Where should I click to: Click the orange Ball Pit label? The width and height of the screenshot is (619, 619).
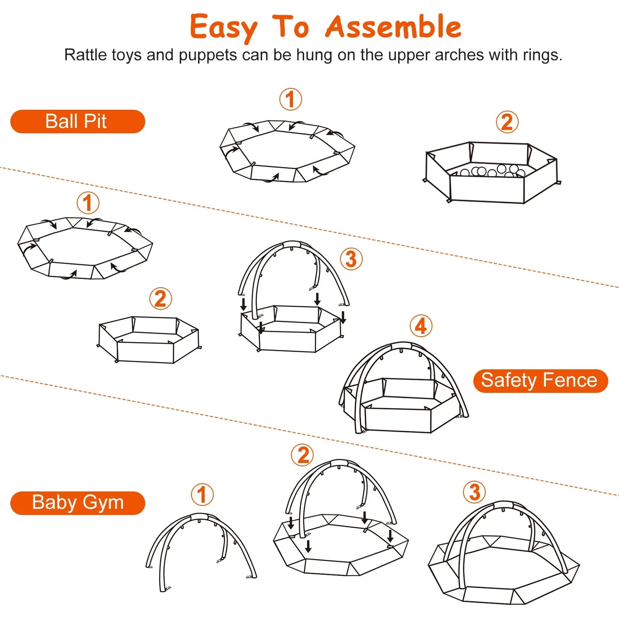coord(78,121)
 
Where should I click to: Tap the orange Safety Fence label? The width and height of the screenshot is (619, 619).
coord(540,380)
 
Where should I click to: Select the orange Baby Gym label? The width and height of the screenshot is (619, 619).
coord(78,502)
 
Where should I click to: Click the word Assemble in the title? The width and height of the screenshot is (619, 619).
coord(393,27)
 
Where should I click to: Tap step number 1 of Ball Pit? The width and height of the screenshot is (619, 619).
coord(290,99)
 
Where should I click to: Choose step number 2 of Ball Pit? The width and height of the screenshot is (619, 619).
coord(507,122)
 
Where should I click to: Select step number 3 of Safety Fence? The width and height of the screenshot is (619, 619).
coord(351,259)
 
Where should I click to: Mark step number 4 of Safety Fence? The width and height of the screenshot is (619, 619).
coord(421,326)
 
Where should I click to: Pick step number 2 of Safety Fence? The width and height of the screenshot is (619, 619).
coord(160,299)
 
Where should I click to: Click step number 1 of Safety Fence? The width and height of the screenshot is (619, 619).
coord(88,203)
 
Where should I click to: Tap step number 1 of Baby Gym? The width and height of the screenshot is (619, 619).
coord(202,495)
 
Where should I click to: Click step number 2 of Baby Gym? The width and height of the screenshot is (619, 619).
coord(302,455)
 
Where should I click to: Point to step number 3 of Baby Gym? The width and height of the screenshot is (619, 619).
coord(474,492)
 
